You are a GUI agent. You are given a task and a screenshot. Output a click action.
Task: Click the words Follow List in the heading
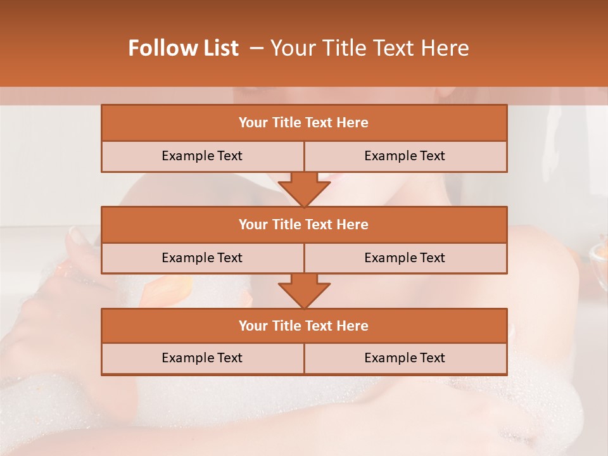point(184,48)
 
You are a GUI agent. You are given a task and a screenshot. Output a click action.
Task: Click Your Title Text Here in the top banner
point(370,48)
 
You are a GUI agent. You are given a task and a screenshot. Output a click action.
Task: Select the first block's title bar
point(304,123)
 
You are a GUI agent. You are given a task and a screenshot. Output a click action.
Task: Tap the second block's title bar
point(304,224)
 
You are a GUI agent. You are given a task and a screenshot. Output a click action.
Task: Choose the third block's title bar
point(304,326)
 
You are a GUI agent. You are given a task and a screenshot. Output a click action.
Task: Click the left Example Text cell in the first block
point(202,156)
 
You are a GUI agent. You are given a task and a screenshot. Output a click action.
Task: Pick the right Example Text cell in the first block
point(405,156)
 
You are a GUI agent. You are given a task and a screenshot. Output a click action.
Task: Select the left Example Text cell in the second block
point(202,258)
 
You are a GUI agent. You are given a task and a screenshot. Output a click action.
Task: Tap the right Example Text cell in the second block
point(405,258)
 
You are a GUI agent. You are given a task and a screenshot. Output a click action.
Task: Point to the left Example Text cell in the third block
point(202,358)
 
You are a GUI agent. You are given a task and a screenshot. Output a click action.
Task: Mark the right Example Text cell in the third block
point(405,358)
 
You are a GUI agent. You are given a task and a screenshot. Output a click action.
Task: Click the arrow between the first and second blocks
point(304,189)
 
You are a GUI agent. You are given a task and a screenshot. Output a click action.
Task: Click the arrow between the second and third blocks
point(304,291)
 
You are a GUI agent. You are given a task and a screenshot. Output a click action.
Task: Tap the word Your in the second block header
point(253,224)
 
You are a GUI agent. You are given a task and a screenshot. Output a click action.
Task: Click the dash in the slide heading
point(256,48)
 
